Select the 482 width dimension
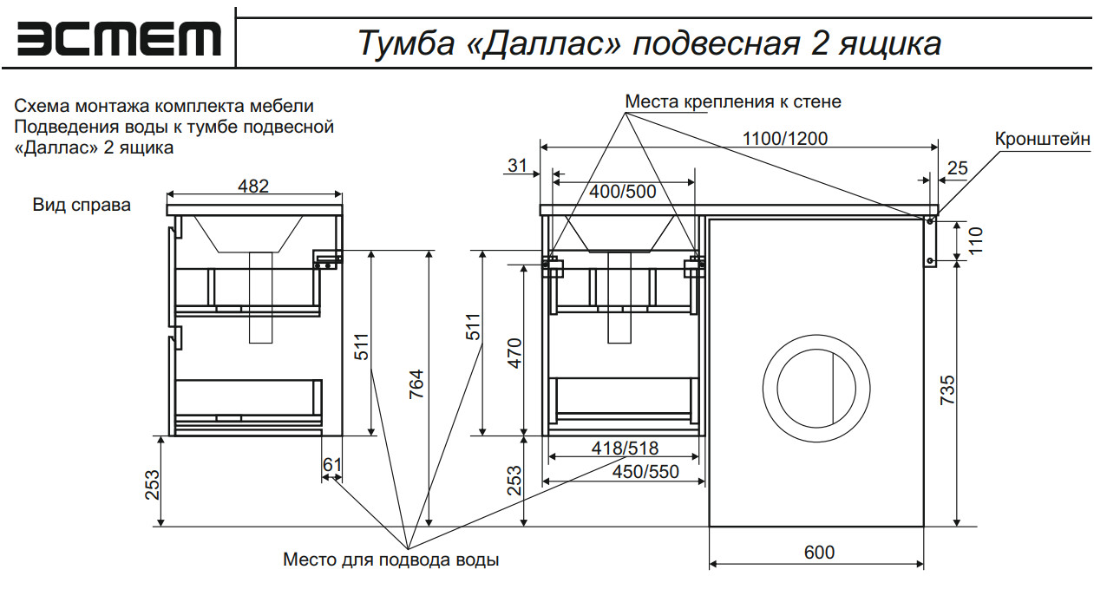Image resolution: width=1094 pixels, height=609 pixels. point(253,185)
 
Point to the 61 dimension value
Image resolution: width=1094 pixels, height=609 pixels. point(331,466)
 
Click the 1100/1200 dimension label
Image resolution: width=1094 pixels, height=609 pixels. point(785,139)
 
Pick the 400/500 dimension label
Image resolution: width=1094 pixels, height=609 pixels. point(623,192)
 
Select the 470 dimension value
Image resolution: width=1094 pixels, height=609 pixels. point(514,353)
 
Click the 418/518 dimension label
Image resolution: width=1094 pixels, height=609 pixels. point(625,449)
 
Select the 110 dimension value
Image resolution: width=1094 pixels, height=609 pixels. point(975,239)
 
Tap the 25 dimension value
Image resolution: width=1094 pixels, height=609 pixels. point(957,168)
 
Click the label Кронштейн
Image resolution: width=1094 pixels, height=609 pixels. point(1042,140)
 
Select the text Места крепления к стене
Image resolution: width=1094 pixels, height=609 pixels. point(733,101)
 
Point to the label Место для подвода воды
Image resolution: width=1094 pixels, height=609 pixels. point(390,560)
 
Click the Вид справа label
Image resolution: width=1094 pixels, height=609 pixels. point(82,206)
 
